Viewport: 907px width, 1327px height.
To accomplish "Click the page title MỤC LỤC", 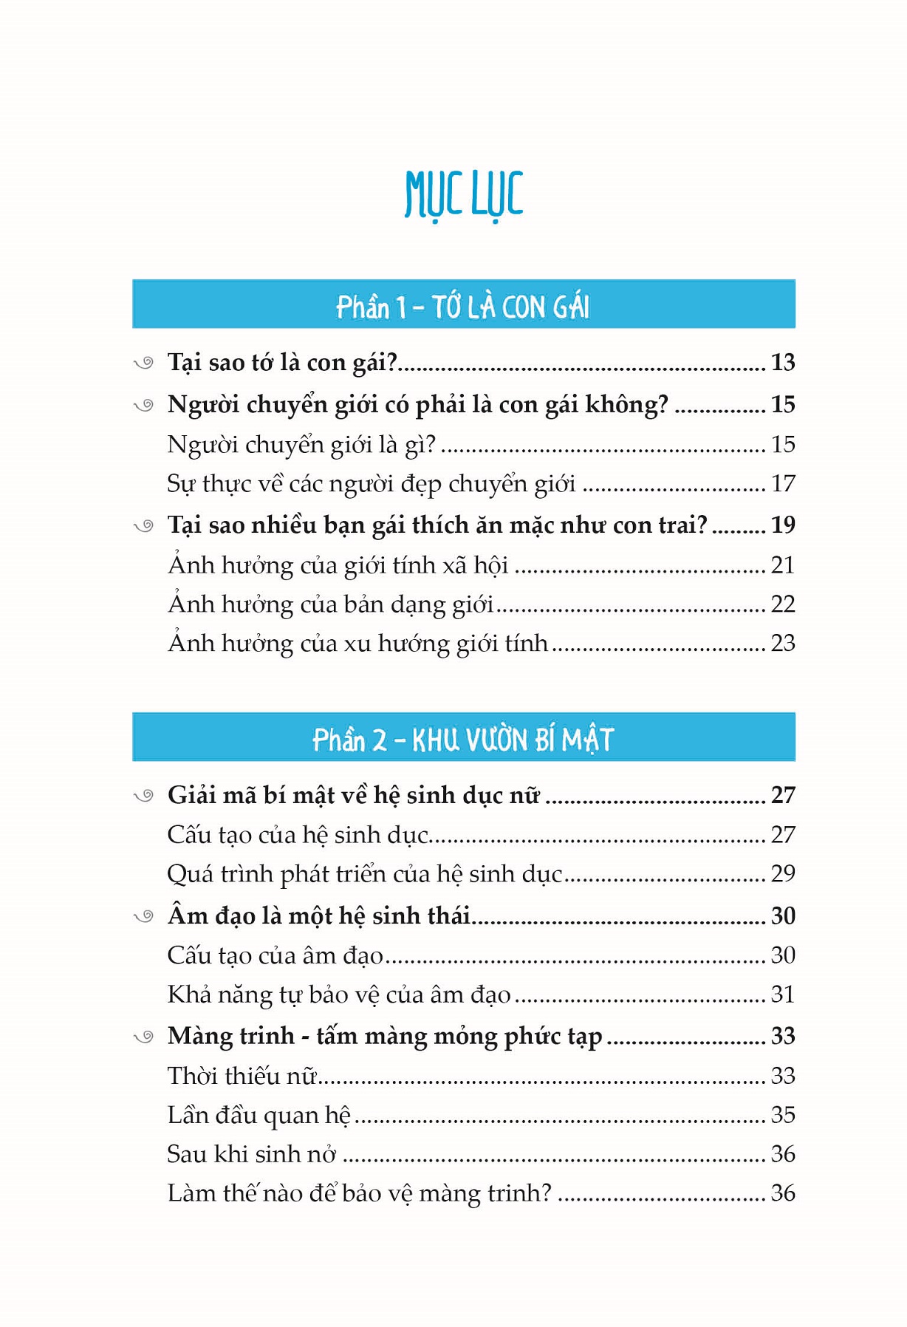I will [x=464, y=194].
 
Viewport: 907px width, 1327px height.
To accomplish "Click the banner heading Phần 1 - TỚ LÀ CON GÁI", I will [x=463, y=306].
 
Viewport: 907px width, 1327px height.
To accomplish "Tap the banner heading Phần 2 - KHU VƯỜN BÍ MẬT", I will [x=463, y=739].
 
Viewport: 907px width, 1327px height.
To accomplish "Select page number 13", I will [x=782, y=362].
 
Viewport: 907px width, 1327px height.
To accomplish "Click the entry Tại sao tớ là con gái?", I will [x=282, y=362].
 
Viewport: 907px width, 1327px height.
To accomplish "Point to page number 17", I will [x=782, y=483].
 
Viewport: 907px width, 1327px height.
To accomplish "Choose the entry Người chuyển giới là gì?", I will [x=301, y=444].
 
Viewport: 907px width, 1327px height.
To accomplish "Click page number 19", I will [x=782, y=525].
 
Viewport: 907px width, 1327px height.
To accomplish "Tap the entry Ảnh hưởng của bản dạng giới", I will [x=330, y=604].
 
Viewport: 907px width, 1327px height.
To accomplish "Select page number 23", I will [x=782, y=643].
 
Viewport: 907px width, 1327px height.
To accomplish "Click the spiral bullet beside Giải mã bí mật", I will [x=143, y=796].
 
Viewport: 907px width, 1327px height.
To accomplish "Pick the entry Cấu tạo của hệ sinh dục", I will [x=298, y=835].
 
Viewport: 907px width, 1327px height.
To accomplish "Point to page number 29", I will [x=782, y=873].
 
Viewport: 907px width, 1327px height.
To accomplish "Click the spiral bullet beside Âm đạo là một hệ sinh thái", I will [x=143, y=917].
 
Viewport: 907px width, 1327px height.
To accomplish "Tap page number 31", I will [x=782, y=995].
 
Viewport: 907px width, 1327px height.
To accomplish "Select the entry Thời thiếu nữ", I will [x=242, y=1075].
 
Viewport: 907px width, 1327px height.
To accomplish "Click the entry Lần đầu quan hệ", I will [x=259, y=1115].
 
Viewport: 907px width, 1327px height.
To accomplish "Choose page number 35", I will [x=782, y=1114].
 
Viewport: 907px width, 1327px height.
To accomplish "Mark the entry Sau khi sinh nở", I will [x=251, y=1154].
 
